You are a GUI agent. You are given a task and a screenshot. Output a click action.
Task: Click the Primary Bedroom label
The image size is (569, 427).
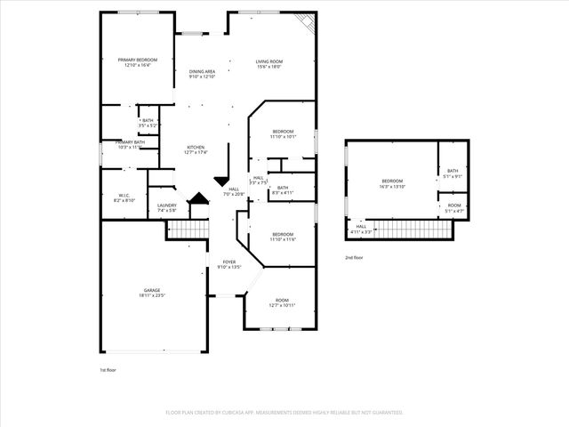pos(136,60)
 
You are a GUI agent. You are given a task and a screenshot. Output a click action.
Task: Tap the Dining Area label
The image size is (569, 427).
pos(202,71)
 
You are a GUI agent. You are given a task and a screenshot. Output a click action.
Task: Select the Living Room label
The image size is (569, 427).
pos(270,60)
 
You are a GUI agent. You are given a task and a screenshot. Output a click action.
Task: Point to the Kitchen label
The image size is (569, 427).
pos(196,147)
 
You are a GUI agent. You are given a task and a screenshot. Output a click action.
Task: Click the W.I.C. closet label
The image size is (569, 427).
pos(124,195)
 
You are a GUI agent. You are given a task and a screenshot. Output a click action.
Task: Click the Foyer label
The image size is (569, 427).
pos(229,262)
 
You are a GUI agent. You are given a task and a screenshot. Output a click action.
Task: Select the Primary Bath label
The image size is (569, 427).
pos(130,141)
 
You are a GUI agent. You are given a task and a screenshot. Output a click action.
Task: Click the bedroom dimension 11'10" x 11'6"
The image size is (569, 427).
pos(283,239)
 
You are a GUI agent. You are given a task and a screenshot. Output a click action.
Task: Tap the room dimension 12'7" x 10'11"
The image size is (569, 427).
pos(283,305)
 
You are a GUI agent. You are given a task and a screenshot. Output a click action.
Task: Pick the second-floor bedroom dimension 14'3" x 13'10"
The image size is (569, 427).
pos(392,187)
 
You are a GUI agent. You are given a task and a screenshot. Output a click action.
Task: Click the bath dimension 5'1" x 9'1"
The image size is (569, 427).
pos(453,176)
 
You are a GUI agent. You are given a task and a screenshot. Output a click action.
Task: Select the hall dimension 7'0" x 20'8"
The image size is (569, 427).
pos(234,194)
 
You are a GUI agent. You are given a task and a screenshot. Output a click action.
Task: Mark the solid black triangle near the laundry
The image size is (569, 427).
pos(199,200)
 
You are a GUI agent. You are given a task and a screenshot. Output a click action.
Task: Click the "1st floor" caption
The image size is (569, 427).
pos(108,369)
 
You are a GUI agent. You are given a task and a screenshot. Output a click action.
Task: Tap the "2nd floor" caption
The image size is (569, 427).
pos(354,257)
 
